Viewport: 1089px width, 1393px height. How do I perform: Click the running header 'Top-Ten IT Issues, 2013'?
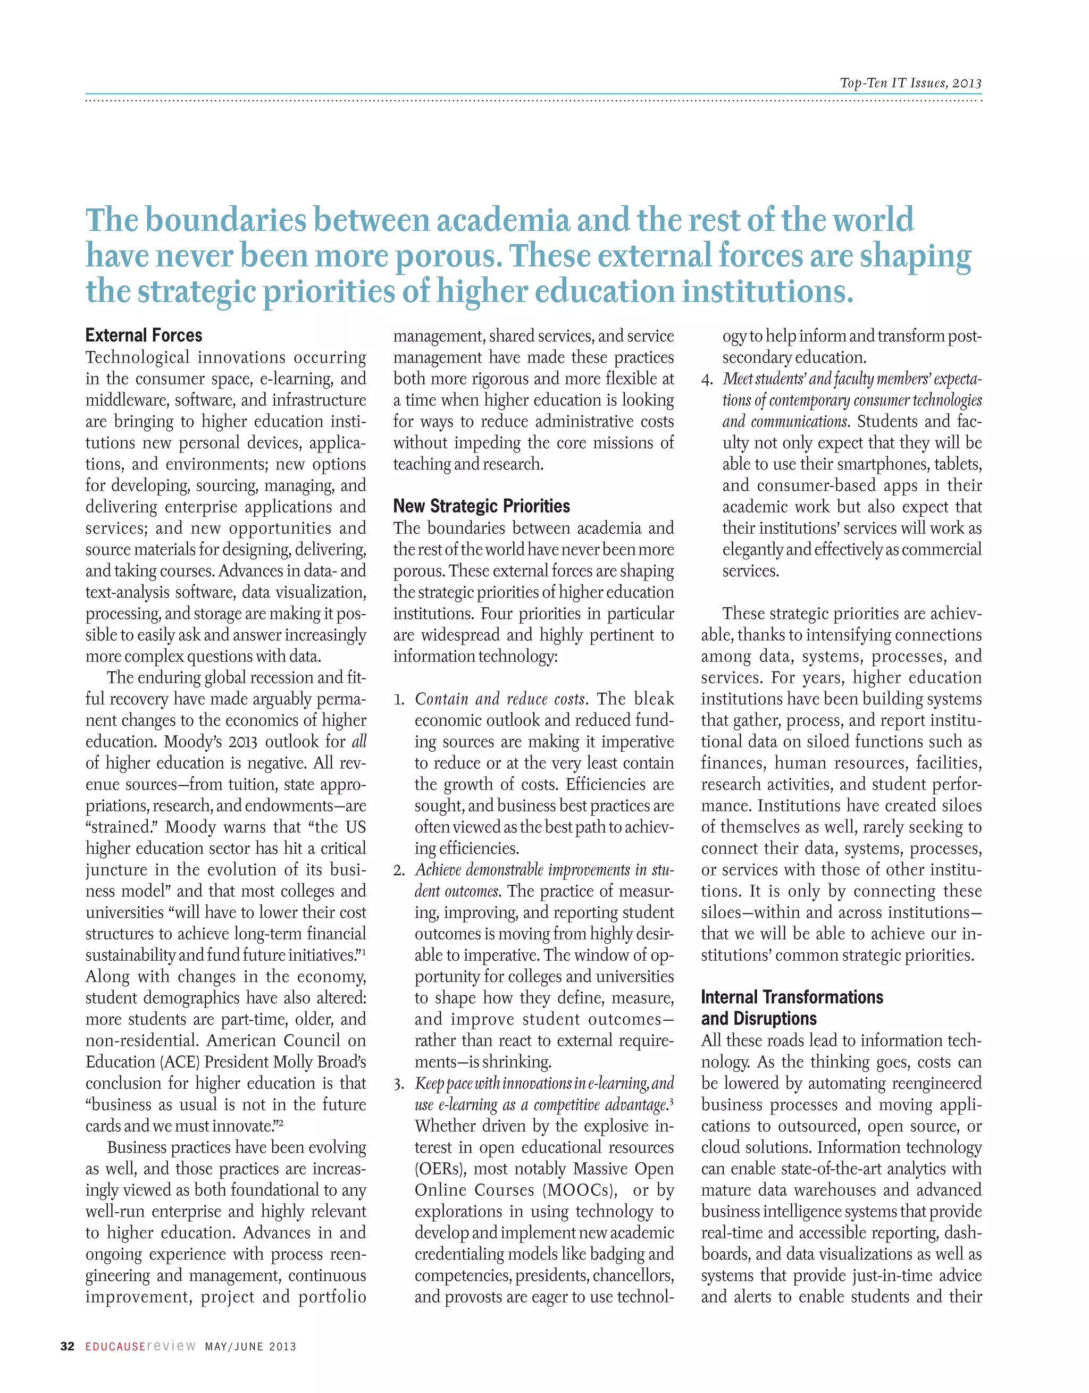pos(910,83)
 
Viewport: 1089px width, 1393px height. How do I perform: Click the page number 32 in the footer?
pos(67,1346)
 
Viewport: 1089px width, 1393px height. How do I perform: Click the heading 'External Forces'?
pos(144,335)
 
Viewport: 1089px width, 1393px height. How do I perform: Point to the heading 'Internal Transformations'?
pos(792,997)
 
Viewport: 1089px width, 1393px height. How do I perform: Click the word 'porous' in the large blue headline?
pos(445,256)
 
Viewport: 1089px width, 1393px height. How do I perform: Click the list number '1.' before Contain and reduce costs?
pos(399,700)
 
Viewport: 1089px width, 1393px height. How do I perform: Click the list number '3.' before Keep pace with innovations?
pos(399,1084)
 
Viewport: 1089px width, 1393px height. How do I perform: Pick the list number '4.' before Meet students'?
pos(706,380)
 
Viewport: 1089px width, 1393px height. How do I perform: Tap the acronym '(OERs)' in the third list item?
pos(435,1169)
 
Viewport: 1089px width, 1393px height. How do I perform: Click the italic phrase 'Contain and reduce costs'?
pos(499,699)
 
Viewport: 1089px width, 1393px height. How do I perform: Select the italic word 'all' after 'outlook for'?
pos(359,742)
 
